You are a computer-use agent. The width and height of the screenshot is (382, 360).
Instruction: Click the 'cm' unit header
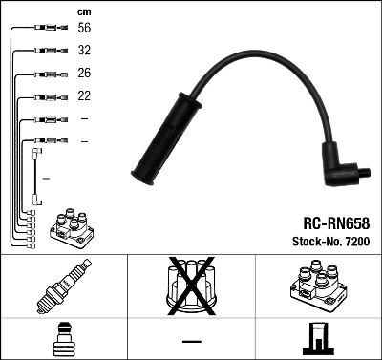pos(83,11)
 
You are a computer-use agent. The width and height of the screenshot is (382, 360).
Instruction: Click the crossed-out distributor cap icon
pos(190,286)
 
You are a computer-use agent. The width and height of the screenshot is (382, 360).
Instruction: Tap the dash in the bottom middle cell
pos(190,340)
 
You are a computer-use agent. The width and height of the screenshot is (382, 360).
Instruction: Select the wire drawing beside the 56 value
pos(44,30)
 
